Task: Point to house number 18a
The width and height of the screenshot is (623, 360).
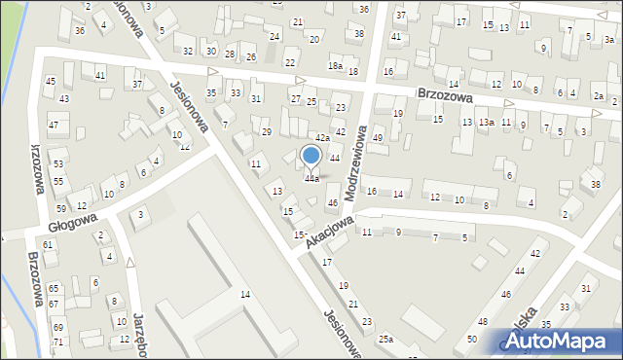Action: [x=335, y=65]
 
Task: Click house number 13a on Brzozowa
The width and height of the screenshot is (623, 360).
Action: [x=486, y=123]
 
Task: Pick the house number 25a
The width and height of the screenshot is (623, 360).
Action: [x=386, y=339]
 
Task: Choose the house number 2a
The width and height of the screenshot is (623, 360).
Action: [x=600, y=97]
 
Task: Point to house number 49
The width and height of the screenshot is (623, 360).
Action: [x=378, y=138]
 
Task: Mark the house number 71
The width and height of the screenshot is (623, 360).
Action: [x=57, y=342]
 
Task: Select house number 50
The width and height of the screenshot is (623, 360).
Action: [x=471, y=338]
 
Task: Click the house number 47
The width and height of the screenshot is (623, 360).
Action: [x=54, y=126]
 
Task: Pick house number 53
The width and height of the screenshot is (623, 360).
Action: [x=58, y=164]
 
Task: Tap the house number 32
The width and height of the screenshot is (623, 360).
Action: [x=187, y=51]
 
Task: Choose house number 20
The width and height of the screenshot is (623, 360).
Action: [x=313, y=39]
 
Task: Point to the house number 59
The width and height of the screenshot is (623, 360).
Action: [x=61, y=209]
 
